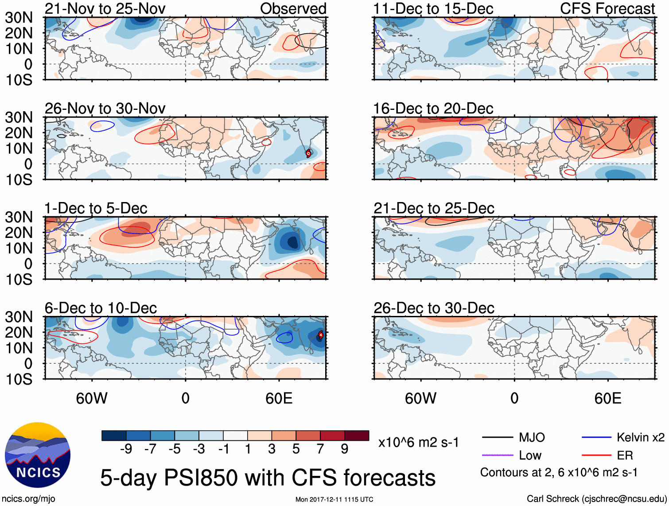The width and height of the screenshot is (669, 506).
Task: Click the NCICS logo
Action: pyautogui.click(x=38, y=455)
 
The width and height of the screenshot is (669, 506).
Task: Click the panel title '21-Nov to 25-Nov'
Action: pyautogui.click(x=105, y=8)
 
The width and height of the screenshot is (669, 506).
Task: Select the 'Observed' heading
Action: pyautogui.click(x=293, y=8)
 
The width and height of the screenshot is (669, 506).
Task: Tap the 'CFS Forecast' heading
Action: pyautogui.click(x=607, y=8)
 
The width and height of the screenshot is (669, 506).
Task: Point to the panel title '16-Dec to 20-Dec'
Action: pyautogui.click(x=433, y=109)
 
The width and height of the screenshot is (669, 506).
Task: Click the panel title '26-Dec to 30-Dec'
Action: pyautogui.click(x=433, y=308)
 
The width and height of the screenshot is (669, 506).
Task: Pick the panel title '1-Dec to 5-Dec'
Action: pyautogui.click(x=96, y=208)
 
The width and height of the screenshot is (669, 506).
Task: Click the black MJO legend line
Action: pyautogui.click(x=497, y=438)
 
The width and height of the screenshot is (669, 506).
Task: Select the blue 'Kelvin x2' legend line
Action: pyautogui.click(x=596, y=438)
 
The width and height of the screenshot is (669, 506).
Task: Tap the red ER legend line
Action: pyautogui.click(x=596, y=455)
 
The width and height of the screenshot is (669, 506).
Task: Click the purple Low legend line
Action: pyautogui.click(x=497, y=455)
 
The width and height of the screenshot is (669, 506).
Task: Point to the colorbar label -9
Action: pyautogui.click(x=126, y=449)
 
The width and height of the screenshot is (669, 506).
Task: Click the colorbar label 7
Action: pyautogui.click(x=320, y=449)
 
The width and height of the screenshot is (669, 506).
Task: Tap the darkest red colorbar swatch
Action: pyautogui.click(x=357, y=436)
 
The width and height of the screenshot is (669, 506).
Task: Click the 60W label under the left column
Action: pyautogui.click(x=92, y=398)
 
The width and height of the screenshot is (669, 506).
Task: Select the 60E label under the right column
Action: pyautogui.click(x=607, y=398)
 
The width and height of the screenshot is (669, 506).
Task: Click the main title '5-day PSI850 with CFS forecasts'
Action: pyautogui.click(x=268, y=478)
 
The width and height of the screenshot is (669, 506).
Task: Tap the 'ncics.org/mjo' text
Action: pyautogui.click(x=28, y=499)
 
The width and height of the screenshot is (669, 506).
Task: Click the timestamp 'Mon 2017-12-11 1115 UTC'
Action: pyautogui.click(x=334, y=499)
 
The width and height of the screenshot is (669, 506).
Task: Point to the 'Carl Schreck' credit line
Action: pyautogui.click(x=596, y=499)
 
